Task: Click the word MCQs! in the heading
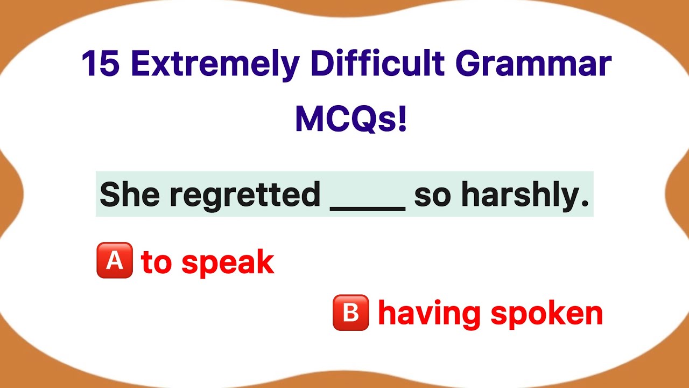point(351,120)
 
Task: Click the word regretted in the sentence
point(245,195)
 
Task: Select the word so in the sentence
point(433,196)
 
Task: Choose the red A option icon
point(115,260)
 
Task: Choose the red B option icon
point(350,313)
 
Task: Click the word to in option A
point(157,262)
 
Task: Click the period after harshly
point(586,205)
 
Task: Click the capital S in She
point(109,195)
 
